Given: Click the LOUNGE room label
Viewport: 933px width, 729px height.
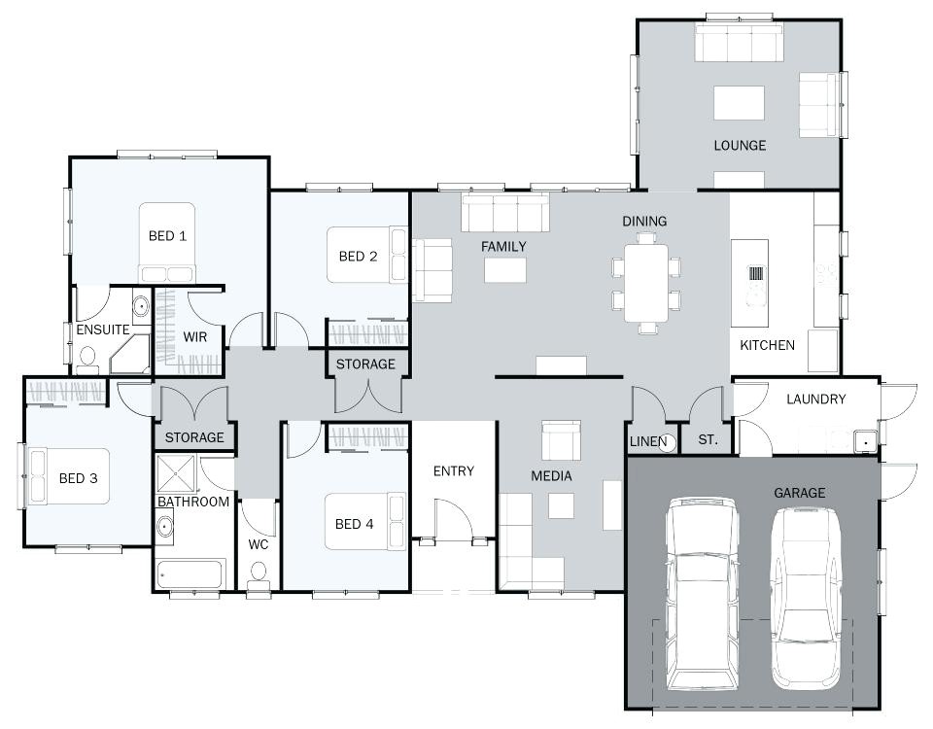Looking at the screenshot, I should (x=740, y=146).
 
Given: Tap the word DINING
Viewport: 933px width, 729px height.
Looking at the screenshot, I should (x=644, y=222).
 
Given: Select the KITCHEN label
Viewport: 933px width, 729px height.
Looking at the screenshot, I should (x=767, y=345).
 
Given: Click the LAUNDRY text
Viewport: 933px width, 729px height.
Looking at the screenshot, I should (x=815, y=399).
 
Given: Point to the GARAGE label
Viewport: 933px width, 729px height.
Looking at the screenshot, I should (x=799, y=493).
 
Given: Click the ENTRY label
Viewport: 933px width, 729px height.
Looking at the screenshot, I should (x=453, y=471).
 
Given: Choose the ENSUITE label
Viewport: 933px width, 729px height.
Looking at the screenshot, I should (x=103, y=330).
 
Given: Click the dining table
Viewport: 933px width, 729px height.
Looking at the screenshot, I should (x=645, y=283).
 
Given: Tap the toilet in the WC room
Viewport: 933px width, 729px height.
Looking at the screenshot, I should (x=258, y=579).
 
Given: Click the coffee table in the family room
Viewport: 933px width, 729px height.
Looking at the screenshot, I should (x=504, y=269).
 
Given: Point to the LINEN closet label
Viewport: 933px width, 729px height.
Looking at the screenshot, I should (x=648, y=441).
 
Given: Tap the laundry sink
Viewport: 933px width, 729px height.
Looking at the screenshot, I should (x=864, y=442).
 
